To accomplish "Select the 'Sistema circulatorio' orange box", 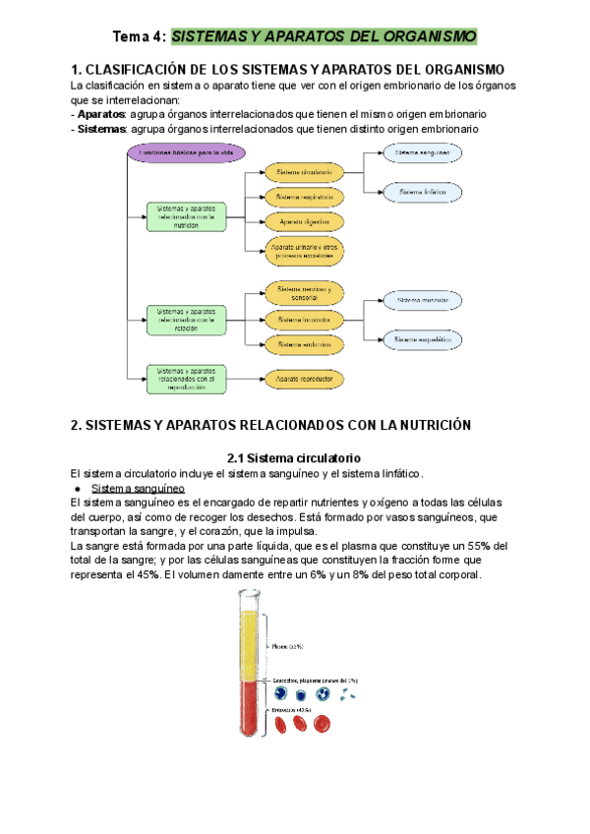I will tap(304, 171).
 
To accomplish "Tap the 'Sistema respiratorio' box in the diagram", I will tap(304, 197).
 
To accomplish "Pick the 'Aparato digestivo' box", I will tap(304, 221).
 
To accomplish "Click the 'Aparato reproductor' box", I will tap(303, 378).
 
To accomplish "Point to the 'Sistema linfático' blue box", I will tap(421, 192).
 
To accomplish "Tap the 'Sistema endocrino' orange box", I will tap(303, 344).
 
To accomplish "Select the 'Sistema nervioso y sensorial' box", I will tap(303, 293).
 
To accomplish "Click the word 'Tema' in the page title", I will tap(129, 37).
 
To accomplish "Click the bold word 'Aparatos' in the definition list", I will tap(104, 115).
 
